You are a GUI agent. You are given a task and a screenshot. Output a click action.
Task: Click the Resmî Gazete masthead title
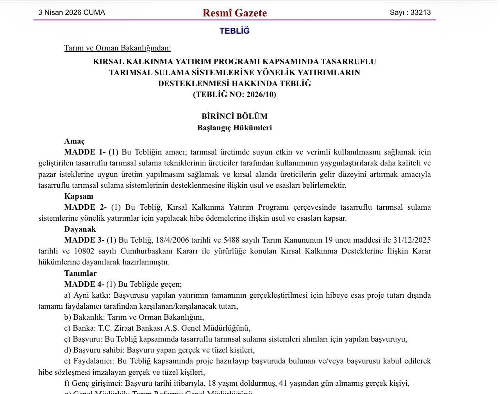[234, 13]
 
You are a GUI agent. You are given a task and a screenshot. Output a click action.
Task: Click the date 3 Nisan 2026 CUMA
[71, 13]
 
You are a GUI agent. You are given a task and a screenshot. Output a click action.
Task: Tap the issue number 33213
[420, 13]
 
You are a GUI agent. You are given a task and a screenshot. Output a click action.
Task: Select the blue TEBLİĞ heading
[234, 31]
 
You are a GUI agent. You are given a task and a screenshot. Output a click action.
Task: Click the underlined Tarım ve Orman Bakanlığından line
[118, 48]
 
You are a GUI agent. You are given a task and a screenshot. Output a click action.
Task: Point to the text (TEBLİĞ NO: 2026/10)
[234, 94]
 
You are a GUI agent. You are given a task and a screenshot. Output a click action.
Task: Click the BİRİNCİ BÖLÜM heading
[234, 116]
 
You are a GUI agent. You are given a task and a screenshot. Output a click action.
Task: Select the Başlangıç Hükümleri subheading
[234, 128]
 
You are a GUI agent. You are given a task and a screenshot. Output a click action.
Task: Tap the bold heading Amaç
[74, 141]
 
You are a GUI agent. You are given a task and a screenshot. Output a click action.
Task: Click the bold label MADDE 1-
[85, 152]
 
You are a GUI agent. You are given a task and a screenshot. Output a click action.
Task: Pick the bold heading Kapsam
[79, 196]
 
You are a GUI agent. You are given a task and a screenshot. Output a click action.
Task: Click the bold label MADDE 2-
[85, 207]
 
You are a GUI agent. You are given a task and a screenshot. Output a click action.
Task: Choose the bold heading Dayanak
[80, 229]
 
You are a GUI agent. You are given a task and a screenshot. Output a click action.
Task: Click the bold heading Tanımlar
[80, 273]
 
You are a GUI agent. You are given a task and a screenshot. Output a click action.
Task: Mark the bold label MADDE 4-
[84, 284]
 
